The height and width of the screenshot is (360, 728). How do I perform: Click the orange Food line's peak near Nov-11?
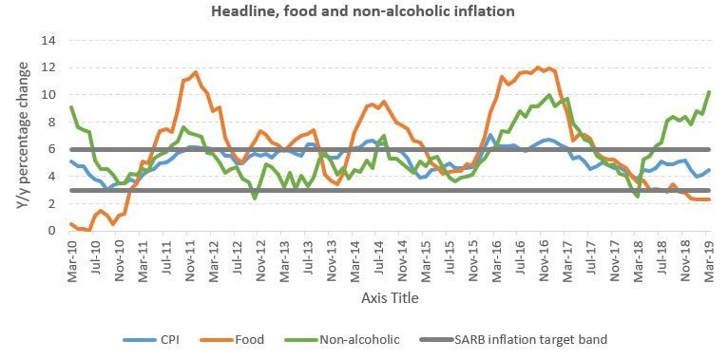(x=195, y=72)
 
